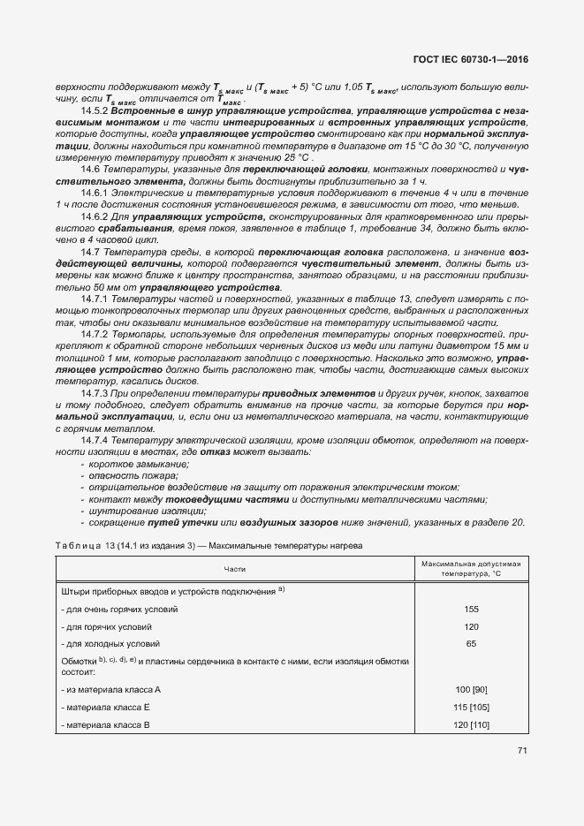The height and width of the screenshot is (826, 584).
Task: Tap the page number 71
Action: (522, 751)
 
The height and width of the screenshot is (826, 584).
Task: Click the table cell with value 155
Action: (471, 609)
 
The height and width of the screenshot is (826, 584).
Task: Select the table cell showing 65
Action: (471, 643)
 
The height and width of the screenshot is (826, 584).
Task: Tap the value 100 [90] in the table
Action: (471, 688)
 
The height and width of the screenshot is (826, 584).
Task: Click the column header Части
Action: (235, 569)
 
